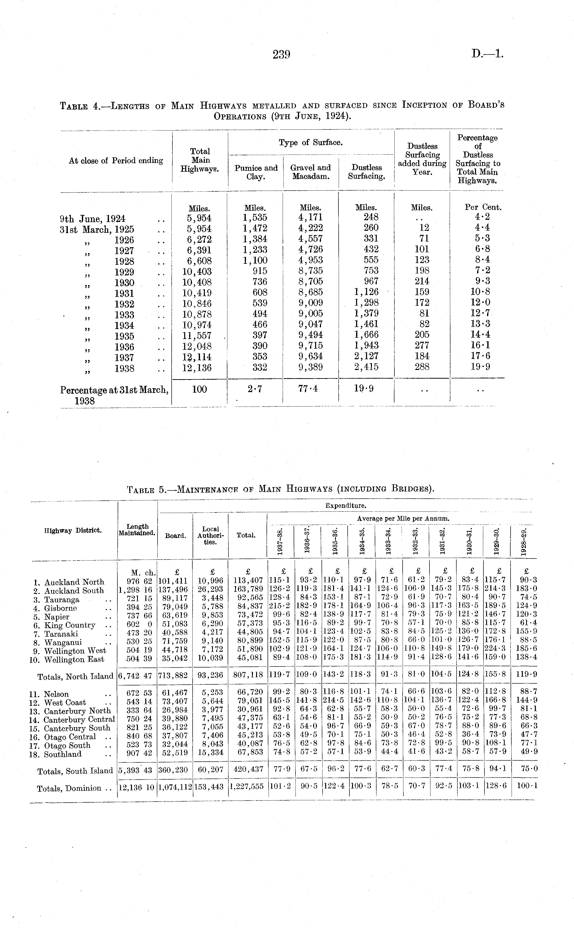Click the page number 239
(x=281, y=55)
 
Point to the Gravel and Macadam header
(x=311, y=172)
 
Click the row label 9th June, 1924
(x=93, y=219)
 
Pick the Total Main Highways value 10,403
(x=197, y=272)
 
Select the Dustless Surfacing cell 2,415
(x=366, y=367)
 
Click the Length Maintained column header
(x=137, y=530)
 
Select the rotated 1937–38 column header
(x=280, y=541)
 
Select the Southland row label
(x=63, y=754)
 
